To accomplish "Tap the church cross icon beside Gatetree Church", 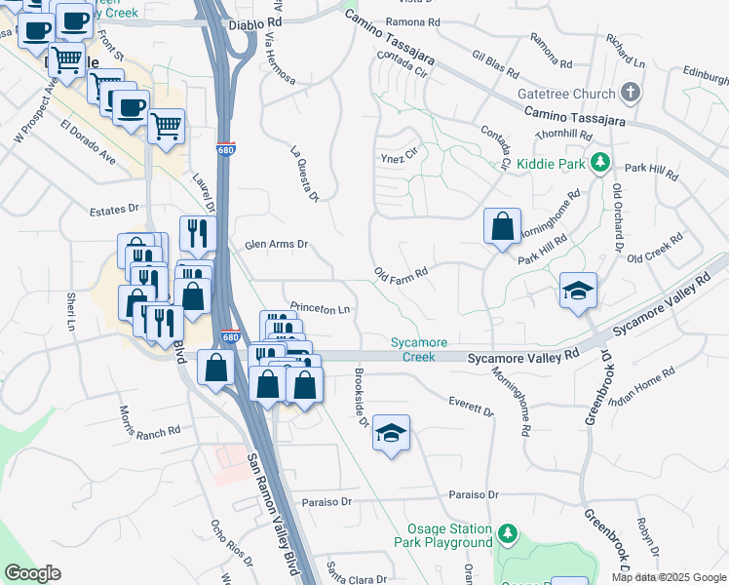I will pos(631,94).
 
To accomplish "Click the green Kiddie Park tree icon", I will pos(602,163).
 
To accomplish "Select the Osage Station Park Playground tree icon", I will pos(507,533).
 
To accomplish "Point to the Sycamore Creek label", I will pos(419,349).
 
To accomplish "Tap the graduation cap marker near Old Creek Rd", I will pos(578,290).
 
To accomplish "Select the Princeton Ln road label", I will pos(318,308).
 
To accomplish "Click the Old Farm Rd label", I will pos(402,272).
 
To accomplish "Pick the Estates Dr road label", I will pos(114,209).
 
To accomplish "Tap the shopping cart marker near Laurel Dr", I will pos(167,125).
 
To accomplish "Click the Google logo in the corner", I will pos(32,573).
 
